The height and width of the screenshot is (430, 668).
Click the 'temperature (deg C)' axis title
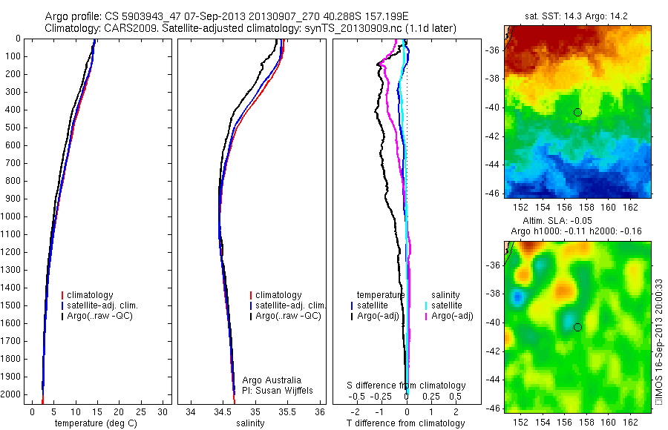[94, 423]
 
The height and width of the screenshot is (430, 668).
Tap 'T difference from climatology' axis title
[405, 423]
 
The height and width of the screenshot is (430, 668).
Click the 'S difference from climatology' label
[407, 386]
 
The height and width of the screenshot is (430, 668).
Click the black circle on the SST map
[577, 112]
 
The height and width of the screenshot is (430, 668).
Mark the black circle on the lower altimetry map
[577, 327]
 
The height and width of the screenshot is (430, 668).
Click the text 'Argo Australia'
[272, 380]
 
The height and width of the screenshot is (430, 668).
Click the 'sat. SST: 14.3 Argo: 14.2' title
[577, 16]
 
